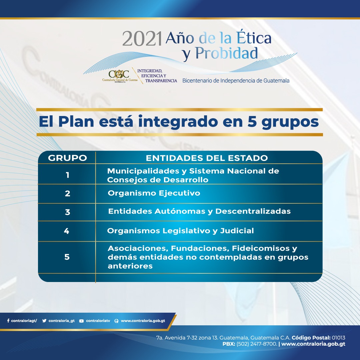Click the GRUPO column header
67,158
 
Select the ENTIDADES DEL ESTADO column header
207,158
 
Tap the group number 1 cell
67,175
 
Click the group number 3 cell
67,212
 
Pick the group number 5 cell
67,257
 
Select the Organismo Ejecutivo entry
154,193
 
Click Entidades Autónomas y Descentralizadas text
199,211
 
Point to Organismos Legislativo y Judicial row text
180,231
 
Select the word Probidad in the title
226,53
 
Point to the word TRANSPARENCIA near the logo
161,81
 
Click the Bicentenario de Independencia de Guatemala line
236,81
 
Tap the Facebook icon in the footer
8,321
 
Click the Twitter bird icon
44,321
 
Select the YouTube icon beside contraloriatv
81,321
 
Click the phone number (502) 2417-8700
256,344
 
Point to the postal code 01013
338,337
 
